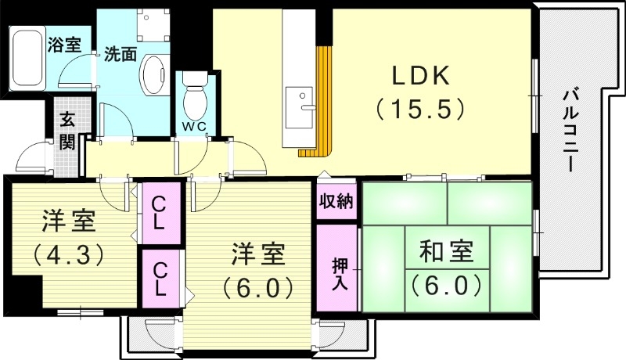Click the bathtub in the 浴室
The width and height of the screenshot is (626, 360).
coord(27,59)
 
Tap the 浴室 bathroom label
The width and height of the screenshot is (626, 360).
coord(64,45)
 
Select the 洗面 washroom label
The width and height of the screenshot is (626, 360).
coord(121,54)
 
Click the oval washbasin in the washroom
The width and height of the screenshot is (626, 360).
coord(153,75)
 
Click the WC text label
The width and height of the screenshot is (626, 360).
coord(194,127)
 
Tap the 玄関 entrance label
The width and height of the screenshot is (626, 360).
coord(67,131)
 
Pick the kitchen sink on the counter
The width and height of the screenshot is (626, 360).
coord(300,108)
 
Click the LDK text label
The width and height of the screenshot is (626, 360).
coord(421,75)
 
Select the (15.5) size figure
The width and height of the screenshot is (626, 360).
coord(420,109)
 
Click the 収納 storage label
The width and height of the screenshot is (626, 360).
coord(336,201)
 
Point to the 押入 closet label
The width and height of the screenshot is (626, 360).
coord(340,274)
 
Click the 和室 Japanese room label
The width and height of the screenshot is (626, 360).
coord(446,251)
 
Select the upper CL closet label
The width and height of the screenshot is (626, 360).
coord(158,214)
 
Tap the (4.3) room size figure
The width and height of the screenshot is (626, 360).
coord(69,254)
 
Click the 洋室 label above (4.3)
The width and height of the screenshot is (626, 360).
coord(69,221)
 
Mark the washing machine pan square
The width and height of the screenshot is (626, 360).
coord(153,24)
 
